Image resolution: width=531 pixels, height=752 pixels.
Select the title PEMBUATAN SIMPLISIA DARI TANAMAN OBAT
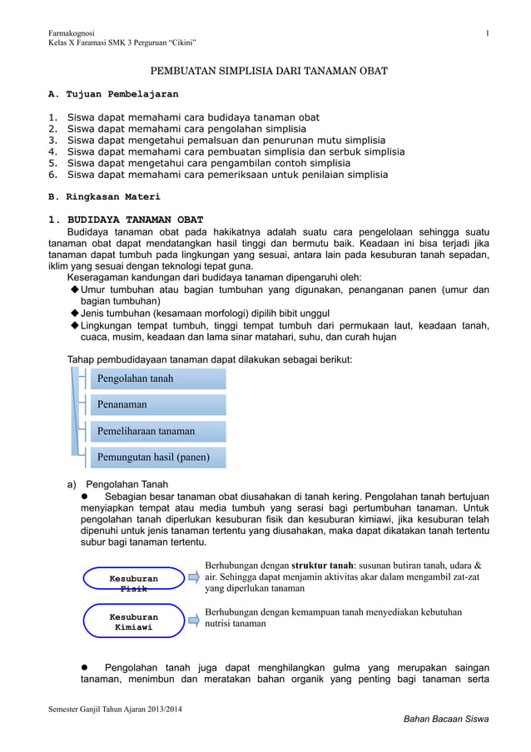(x=268, y=72)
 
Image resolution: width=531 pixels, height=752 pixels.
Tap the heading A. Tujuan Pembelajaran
(x=112, y=95)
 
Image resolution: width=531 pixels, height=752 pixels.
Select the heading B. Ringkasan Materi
(x=103, y=197)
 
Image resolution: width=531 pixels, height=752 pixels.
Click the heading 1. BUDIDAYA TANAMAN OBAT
(x=125, y=220)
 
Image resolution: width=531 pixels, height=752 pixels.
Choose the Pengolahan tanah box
(x=157, y=378)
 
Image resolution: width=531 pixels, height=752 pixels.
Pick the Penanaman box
(x=157, y=404)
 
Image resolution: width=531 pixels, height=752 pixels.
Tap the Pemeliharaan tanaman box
(x=157, y=431)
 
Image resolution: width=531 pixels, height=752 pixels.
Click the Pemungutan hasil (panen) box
(x=157, y=457)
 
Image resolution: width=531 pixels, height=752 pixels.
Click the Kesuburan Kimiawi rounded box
(x=134, y=621)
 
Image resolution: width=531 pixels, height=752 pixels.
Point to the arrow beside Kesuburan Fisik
(x=193, y=574)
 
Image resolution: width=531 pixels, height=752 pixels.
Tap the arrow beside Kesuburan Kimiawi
(x=193, y=615)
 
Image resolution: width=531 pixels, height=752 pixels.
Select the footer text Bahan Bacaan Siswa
(x=445, y=719)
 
